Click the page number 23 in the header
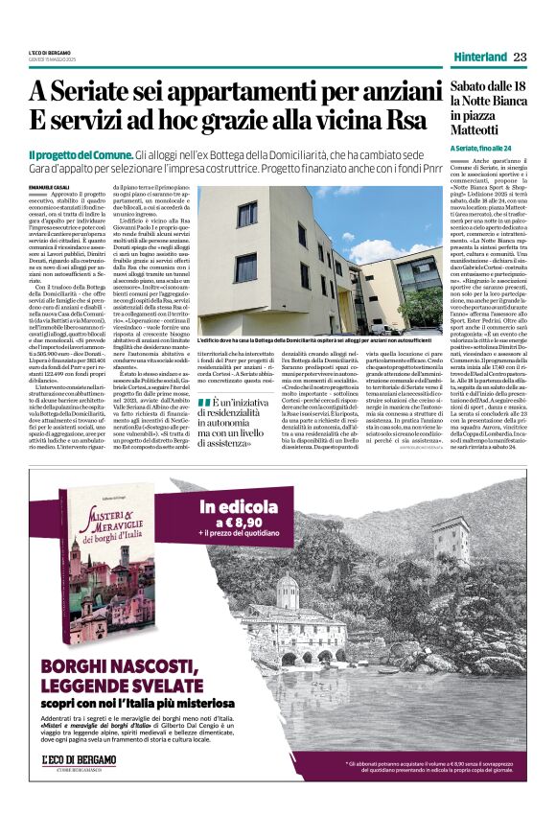tap(519, 58)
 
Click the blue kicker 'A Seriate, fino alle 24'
tap(487, 148)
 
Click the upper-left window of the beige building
tap(246, 214)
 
